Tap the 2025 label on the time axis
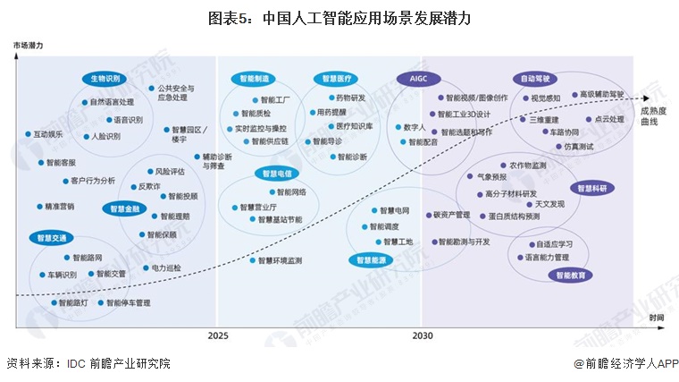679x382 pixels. [218, 335]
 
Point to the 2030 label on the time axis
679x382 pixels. [423, 335]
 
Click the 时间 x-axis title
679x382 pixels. [656, 318]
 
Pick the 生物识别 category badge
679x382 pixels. [105, 78]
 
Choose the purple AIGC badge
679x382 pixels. [419, 78]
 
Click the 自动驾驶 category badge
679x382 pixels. [533, 78]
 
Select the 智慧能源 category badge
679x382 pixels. [370, 259]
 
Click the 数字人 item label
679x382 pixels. [414, 127]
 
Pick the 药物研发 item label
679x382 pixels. [349, 98]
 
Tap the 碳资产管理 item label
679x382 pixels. [451, 215]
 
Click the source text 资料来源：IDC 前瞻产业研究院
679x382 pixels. [88, 363]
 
